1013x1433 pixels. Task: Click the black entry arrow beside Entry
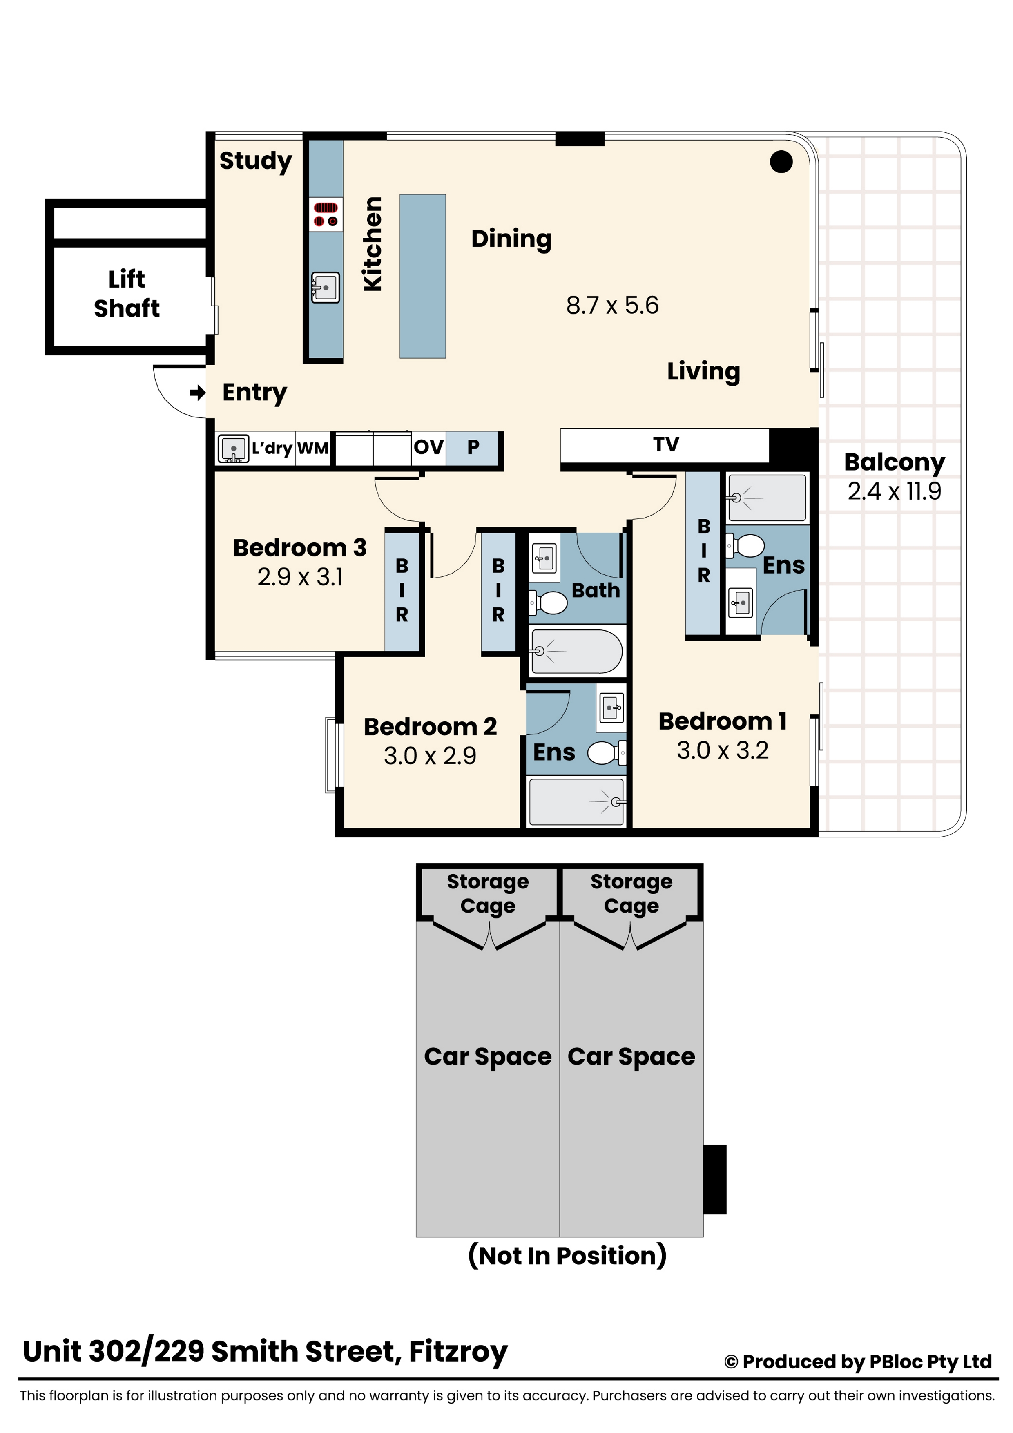[198, 393]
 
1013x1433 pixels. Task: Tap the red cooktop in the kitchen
[326, 214]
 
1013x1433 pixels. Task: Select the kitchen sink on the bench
[326, 288]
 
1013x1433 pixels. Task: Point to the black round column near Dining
[781, 162]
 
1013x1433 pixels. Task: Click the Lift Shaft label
[127, 293]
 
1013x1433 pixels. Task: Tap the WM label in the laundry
[313, 448]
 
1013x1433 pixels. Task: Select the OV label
[429, 447]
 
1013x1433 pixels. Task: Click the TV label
[666, 444]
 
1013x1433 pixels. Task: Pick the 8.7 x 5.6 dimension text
[612, 305]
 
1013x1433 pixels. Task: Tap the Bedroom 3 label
[299, 547]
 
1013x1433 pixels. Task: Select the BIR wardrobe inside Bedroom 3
[402, 590]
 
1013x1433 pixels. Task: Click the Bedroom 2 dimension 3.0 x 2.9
[430, 756]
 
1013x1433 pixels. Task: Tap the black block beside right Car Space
[715, 1180]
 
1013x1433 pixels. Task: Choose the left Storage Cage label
[488, 893]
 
